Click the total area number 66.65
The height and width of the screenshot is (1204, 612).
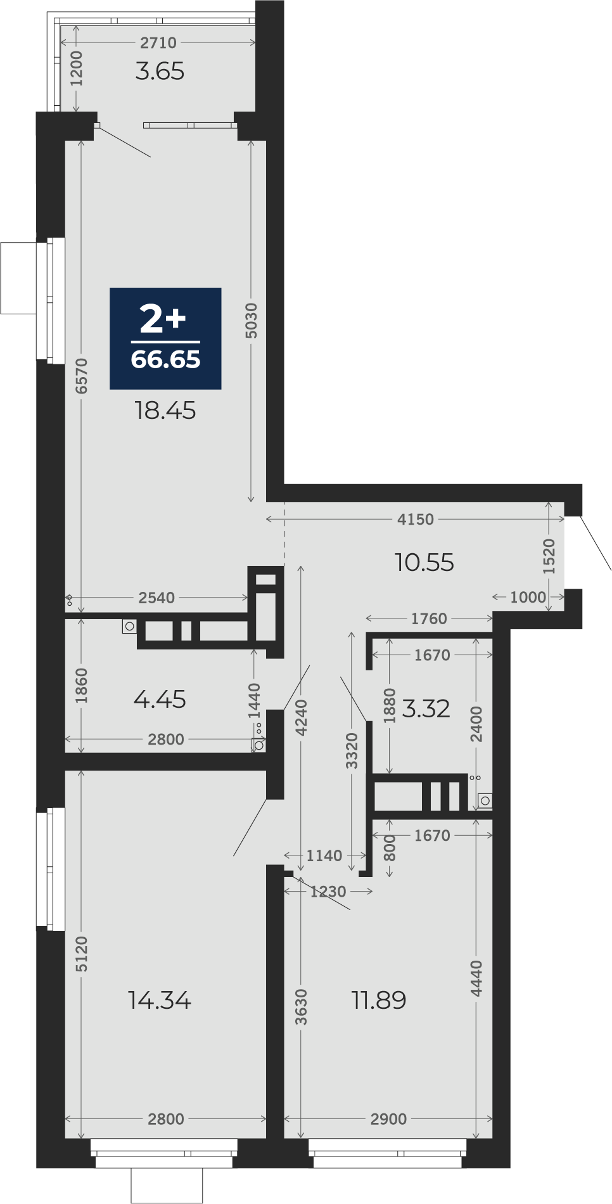pos(165,359)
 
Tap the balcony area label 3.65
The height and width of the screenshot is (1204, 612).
pos(160,71)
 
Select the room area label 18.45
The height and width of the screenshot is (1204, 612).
pos(165,411)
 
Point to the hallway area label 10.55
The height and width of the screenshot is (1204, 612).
pos(424,562)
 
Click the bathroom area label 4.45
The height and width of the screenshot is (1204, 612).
pos(160,699)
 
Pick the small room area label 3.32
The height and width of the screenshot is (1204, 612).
pos(426,708)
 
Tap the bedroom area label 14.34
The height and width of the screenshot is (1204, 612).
pos(160,1000)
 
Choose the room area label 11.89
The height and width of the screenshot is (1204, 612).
pos(379,1000)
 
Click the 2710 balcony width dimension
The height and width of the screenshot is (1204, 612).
pos(158,42)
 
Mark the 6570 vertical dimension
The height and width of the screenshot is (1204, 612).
pos(82,376)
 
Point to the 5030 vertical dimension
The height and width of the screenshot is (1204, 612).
pos(252,321)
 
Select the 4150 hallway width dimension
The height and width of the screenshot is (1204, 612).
pos(416,519)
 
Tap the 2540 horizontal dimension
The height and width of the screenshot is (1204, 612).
pos(156,598)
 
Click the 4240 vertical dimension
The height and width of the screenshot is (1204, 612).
pos(302,717)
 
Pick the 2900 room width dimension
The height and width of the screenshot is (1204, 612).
pos(389,1118)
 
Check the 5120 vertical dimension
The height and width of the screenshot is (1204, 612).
pos(82,954)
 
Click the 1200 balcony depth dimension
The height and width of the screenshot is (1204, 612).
pos(76,68)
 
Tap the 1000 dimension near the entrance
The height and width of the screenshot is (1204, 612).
pos(528,597)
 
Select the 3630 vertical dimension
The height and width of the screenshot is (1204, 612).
pos(302,1006)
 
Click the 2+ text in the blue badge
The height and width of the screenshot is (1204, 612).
pos(163,318)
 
